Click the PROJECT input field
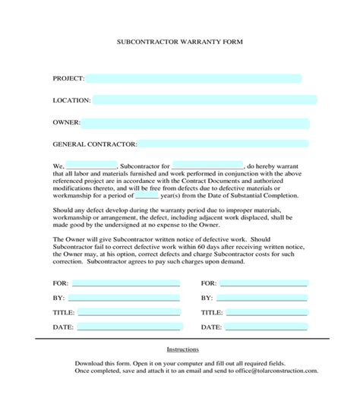point(194,78)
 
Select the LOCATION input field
point(204,100)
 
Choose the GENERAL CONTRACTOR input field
point(224,144)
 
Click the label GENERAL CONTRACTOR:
point(95,144)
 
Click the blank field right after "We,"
point(92,165)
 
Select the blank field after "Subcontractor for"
point(207,165)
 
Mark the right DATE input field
point(264,327)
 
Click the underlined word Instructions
point(182,349)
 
